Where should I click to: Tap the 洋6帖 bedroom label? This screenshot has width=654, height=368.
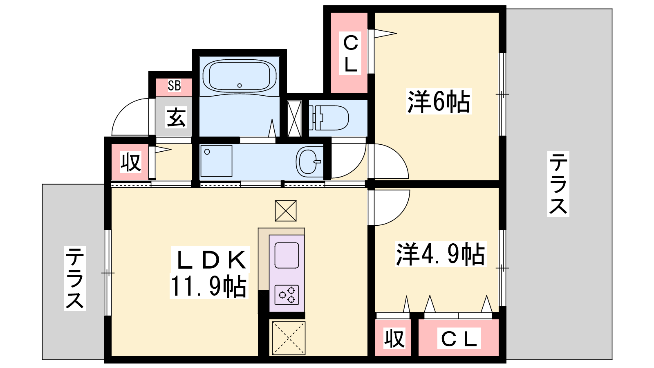[439, 102]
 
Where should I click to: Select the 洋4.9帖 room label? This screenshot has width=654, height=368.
[440, 254]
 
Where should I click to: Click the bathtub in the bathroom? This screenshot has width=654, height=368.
[240, 76]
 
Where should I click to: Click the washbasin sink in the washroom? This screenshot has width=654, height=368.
[309, 161]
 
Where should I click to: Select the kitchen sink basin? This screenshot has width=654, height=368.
[287, 256]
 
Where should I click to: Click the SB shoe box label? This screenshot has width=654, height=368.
[174, 85]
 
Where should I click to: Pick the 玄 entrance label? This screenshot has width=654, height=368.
[176, 118]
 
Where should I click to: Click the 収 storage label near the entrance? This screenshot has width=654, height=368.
[131, 162]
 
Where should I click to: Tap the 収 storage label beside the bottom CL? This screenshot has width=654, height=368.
[394, 338]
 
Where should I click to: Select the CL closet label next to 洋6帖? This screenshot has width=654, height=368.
[350, 53]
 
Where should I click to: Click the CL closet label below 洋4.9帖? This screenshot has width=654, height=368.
[459, 338]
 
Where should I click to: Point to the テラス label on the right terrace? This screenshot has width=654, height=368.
[558, 184]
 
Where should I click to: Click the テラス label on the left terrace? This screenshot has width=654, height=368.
[75, 278]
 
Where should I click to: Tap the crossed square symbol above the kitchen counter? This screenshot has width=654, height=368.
[286, 211]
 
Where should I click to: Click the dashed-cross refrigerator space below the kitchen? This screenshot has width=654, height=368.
[289, 338]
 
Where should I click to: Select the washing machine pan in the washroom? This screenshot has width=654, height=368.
[216, 161]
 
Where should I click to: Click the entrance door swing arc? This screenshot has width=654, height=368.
[123, 111]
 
